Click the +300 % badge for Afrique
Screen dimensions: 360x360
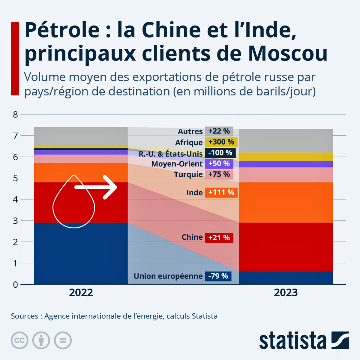tap(221, 142)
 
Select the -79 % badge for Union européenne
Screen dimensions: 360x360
tap(218, 276)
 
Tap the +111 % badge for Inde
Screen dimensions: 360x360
tap(221, 192)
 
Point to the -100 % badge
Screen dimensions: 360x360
tap(220, 153)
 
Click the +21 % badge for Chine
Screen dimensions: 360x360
tap(219, 238)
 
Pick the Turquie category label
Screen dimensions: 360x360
tap(188, 174)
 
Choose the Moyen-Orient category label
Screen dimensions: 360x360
tap(177, 164)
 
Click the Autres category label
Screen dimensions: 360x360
tap(190, 132)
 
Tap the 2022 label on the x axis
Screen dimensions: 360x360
tap(81, 293)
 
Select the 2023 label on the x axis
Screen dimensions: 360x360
tap(286, 293)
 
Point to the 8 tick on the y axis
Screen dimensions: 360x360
tap(15, 115)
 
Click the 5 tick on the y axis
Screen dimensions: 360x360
tap(15, 178)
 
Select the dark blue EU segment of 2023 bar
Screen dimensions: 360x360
tap(286, 278)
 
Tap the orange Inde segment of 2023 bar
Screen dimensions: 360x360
tap(286, 202)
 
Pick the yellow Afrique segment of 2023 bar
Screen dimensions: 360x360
tap(286, 157)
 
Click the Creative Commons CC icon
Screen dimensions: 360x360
tap(19, 340)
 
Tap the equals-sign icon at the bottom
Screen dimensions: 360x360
tap(63, 340)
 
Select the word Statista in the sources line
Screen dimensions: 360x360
tap(205, 316)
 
